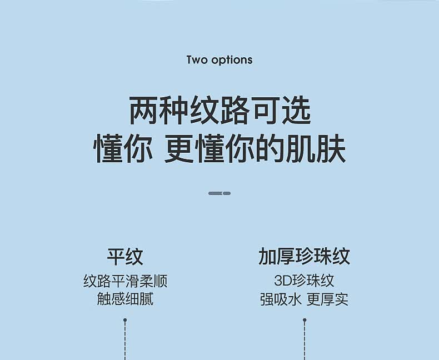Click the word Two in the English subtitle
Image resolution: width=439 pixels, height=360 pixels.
(197, 60)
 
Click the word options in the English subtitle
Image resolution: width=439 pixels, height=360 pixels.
(232, 61)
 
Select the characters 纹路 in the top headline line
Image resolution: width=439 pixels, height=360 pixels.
(219, 110)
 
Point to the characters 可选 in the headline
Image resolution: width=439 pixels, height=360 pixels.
(281, 110)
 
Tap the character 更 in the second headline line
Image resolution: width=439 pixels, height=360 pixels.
(178, 149)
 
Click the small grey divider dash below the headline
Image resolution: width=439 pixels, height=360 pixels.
(219, 193)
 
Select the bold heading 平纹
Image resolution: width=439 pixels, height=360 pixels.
(125, 257)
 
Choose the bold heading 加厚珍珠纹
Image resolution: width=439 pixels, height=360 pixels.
(304, 257)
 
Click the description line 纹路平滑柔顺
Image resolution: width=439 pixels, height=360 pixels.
(125, 281)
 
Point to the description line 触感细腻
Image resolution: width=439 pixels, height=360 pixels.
(125, 299)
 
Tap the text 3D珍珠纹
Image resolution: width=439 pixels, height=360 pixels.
(304, 281)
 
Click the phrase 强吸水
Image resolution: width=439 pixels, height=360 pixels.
(281, 299)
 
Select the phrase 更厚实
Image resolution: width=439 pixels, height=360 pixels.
(327, 299)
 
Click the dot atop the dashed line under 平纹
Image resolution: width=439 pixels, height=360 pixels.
(125, 320)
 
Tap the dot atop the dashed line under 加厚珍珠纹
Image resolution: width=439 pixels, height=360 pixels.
(305, 320)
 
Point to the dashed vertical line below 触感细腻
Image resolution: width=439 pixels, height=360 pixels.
(125, 342)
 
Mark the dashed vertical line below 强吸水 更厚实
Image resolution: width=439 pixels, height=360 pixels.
(305, 342)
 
